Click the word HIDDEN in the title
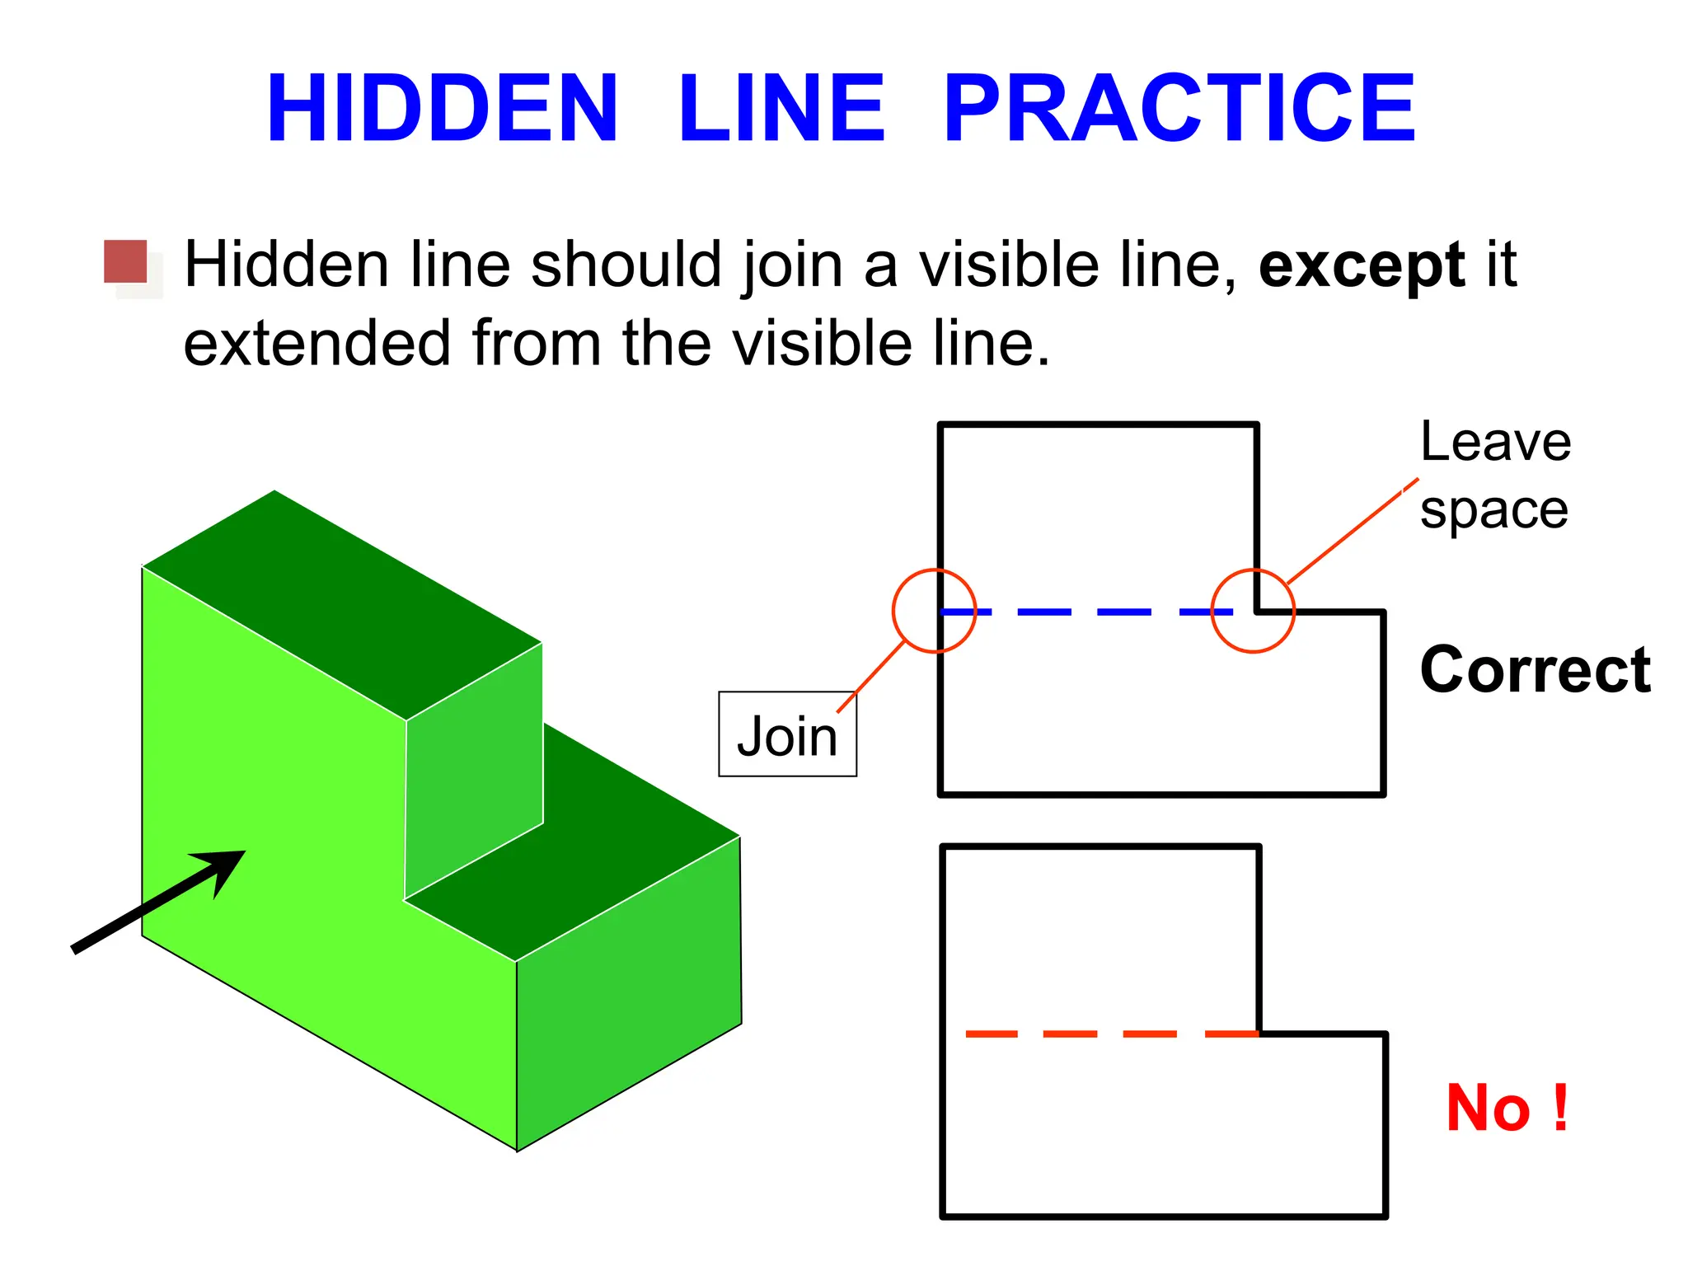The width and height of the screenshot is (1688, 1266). pos(442,109)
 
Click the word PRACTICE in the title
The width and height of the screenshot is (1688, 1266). pos(1179,109)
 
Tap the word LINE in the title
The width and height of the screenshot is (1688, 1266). pos(781,109)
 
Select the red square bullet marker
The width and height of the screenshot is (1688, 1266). pos(125,262)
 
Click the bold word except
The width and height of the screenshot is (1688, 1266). pos(1362,265)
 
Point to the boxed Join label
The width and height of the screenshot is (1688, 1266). pos(787,735)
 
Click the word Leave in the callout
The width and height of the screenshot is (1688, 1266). pos(1495,442)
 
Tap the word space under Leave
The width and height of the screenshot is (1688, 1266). pos(1493,511)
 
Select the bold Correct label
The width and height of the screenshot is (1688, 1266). pos(1535,669)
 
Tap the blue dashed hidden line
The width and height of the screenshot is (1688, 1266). pos(1124,612)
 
